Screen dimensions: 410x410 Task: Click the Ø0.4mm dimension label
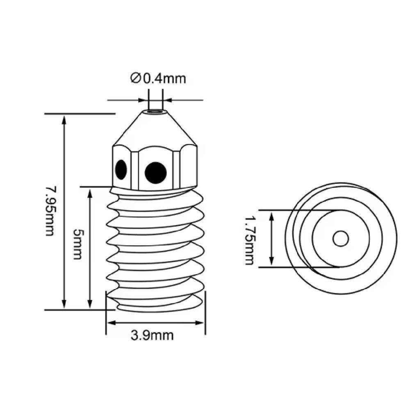158,78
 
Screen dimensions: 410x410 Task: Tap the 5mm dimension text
77,244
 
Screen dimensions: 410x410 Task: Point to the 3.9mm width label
152,335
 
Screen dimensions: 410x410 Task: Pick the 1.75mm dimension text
249,241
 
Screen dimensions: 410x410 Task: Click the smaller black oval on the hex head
121,169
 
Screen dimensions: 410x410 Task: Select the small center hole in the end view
340,238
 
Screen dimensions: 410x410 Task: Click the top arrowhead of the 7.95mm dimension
64,119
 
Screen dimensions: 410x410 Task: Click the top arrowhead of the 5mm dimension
90,192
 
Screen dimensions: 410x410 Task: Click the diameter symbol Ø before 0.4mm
136,78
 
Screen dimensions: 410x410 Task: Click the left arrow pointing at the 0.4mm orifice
143,100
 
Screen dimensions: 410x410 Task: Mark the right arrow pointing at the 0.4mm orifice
168,100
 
